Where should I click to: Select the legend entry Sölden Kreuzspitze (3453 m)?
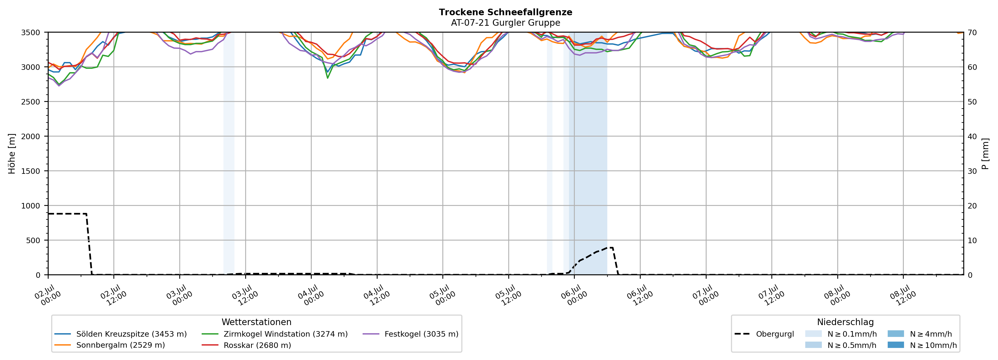point(121,334)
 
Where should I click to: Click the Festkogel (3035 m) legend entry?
point(411,334)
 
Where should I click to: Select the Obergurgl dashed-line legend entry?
point(764,334)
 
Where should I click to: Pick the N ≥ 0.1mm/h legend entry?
point(841,334)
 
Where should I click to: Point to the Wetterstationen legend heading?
point(257,322)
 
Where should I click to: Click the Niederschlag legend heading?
point(845,322)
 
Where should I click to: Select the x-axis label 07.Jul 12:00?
point(772,295)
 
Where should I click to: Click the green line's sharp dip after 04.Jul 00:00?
point(328,78)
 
